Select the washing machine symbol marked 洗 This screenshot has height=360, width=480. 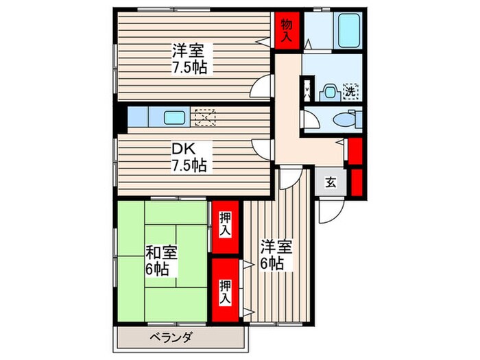350,90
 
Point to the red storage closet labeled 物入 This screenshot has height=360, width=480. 287,29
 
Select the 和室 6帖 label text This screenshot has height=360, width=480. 162,259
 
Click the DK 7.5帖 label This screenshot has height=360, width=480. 186,156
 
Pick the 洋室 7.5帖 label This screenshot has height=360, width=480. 188,58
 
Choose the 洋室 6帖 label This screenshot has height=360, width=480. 276,254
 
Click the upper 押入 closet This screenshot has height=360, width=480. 225,225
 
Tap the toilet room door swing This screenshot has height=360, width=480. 311,119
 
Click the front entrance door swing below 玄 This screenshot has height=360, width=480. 328,211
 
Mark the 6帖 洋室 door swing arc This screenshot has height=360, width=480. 289,179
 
